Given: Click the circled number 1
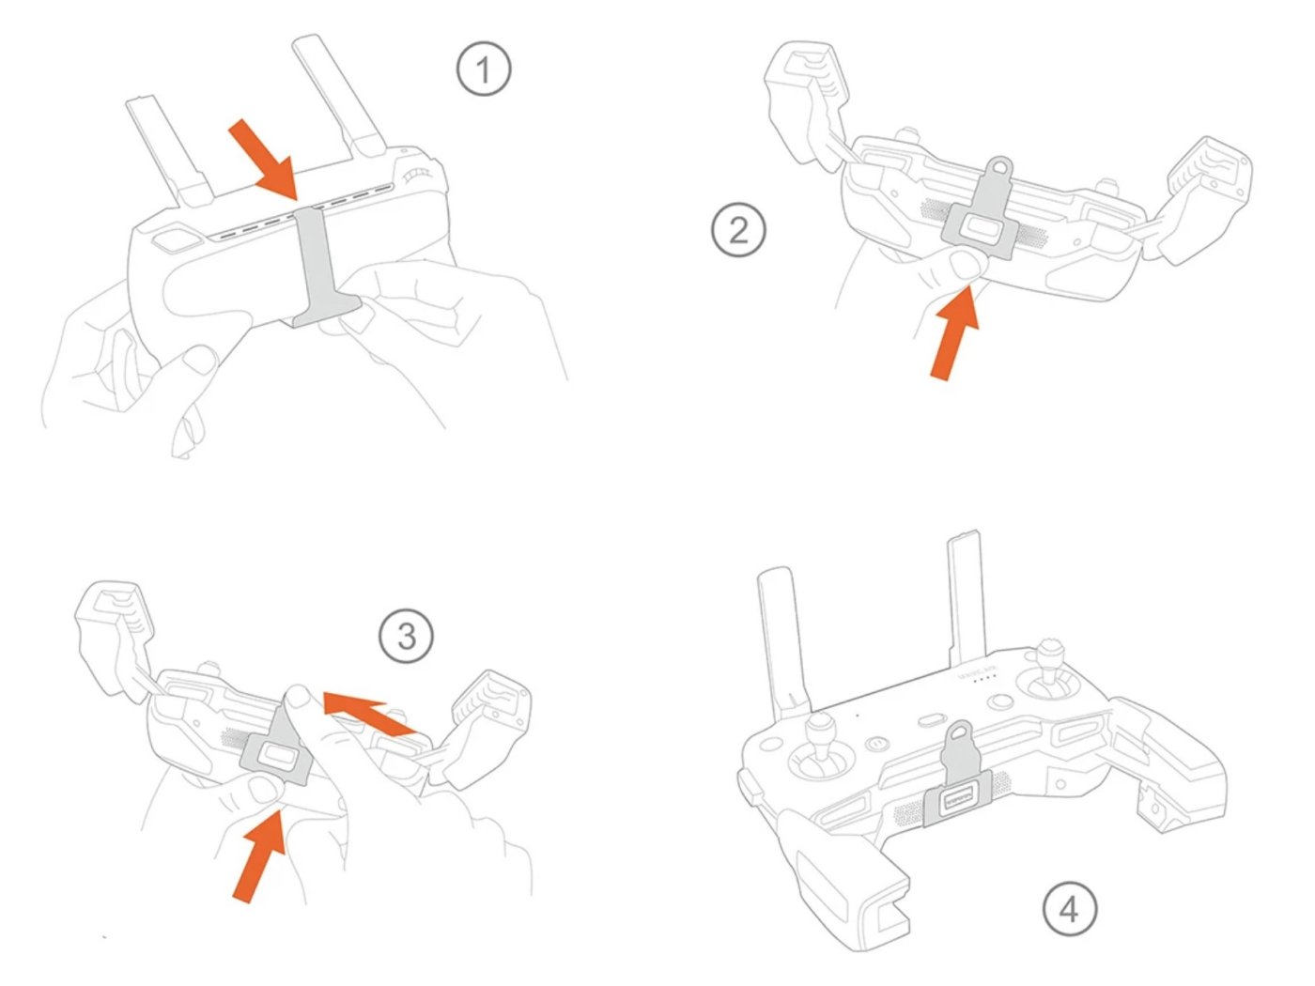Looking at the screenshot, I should [484, 69].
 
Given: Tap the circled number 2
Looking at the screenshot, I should [738, 230].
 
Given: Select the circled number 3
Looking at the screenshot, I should [406, 637].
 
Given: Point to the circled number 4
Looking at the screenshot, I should [1070, 909].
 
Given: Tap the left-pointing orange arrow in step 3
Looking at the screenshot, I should [368, 712].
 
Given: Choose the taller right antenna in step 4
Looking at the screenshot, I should [966, 601].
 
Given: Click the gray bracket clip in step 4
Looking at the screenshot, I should [951, 798].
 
